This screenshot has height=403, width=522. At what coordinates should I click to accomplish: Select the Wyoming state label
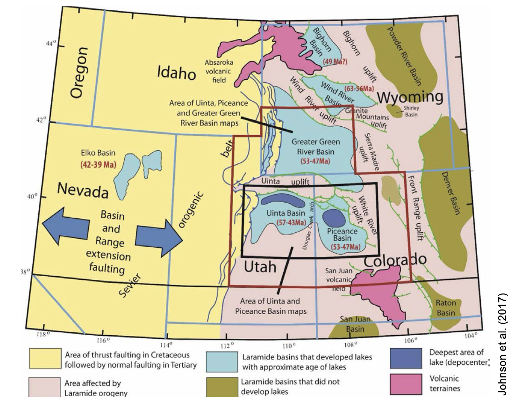(x=410, y=97)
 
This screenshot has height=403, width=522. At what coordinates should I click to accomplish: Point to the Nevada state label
(x=83, y=190)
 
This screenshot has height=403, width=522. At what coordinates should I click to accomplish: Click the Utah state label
(x=260, y=267)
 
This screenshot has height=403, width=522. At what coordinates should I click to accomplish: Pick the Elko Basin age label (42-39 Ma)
(x=98, y=165)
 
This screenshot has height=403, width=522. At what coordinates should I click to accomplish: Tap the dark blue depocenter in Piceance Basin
(x=334, y=218)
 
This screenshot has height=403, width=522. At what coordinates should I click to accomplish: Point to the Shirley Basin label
(x=411, y=111)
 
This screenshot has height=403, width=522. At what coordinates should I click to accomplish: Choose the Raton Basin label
(x=446, y=308)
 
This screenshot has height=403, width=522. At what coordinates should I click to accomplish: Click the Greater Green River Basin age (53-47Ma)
(x=315, y=161)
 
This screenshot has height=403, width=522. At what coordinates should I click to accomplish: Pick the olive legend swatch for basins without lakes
(x=221, y=387)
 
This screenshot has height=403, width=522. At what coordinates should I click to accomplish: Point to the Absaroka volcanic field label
(x=219, y=71)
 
